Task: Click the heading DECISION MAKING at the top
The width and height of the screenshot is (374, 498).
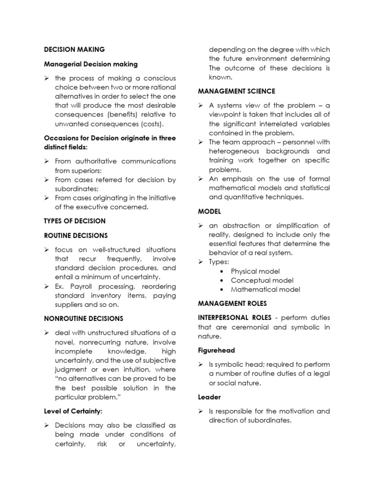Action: click(x=74, y=50)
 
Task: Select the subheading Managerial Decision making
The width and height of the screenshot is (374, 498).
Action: click(x=91, y=64)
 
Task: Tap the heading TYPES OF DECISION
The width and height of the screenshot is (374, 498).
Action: click(x=75, y=221)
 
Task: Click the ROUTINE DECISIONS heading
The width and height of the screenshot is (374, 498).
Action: click(x=75, y=235)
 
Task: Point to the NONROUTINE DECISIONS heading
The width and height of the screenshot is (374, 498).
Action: click(x=83, y=319)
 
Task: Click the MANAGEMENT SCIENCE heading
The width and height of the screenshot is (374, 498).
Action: click(x=236, y=91)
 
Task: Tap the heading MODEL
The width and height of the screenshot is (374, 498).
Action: click(x=209, y=212)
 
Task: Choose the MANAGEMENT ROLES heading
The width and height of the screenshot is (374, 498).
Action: click(x=232, y=303)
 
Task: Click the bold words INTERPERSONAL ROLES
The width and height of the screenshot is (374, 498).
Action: click(x=234, y=318)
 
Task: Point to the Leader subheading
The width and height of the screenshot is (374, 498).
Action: click(x=209, y=397)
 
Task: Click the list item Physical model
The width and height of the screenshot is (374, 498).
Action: click(x=255, y=271)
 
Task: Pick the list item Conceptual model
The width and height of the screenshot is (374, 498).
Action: click(x=262, y=281)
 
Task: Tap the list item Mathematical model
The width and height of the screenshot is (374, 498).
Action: click(x=265, y=289)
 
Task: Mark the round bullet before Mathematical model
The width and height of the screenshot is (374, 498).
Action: click(x=222, y=290)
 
